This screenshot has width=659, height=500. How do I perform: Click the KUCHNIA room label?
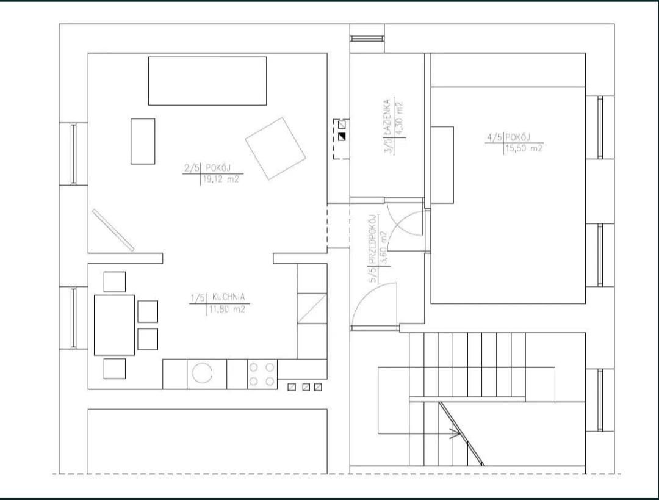[x=228, y=297]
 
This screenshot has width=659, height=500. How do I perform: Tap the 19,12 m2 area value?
[x=221, y=179]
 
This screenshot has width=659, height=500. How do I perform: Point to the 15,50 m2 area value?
[x=524, y=148]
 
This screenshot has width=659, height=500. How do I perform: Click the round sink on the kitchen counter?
[x=203, y=373]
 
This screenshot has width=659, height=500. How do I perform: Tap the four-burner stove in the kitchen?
[x=262, y=374]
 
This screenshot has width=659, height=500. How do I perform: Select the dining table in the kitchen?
[x=114, y=325]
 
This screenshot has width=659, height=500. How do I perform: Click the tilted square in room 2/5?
[x=275, y=148]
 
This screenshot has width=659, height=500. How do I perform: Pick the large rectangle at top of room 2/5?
[x=207, y=81]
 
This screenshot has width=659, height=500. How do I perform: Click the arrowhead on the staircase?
[x=455, y=433]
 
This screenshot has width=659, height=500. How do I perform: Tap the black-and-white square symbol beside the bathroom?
[x=342, y=137]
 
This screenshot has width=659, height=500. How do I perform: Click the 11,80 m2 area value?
[x=227, y=310]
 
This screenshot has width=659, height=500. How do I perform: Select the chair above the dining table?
[x=115, y=282]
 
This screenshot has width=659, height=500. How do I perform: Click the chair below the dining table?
[x=115, y=368]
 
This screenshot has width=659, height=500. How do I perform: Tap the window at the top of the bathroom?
[x=367, y=38]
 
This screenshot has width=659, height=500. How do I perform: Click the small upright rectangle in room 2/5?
[x=143, y=141]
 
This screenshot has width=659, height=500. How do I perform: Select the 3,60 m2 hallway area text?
[x=383, y=248]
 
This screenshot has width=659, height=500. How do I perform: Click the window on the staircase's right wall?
[x=600, y=400]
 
